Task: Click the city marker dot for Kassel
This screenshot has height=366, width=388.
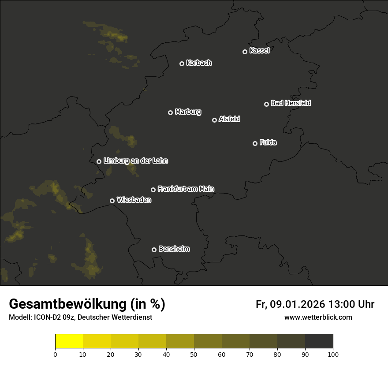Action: pyautogui.click(x=245, y=52)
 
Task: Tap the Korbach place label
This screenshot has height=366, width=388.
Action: pyautogui.click(x=199, y=63)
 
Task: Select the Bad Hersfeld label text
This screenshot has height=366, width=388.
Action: pyautogui.click(x=291, y=103)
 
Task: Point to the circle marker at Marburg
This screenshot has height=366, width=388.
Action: pyautogui.click(x=170, y=112)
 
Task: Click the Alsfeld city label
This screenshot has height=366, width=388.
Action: pyautogui.click(x=229, y=119)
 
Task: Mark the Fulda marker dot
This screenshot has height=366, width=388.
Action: pyautogui.click(x=255, y=143)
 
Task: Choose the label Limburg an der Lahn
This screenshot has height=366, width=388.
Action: pyautogui.click(x=135, y=161)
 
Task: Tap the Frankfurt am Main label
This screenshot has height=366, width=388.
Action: pyautogui.click(x=186, y=189)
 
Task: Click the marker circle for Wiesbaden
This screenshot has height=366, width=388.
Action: pyautogui.click(x=112, y=201)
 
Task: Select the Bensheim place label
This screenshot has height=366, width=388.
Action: pyautogui.click(x=174, y=249)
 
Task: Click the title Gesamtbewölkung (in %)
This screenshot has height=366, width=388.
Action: pyautogui.click(x=87, y=304)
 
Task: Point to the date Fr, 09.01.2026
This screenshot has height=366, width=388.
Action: pyautogui.click(x=290, y=304)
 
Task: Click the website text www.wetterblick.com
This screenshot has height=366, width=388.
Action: pyautogui.click(x=318, y=317)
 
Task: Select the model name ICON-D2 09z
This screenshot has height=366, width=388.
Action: pyautogui.click(x=55, y=317)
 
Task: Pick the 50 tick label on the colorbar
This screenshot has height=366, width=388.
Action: pyautogui.click(x=194, y=354)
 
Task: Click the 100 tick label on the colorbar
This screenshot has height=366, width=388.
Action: pyautogui.click(x=333, y=354)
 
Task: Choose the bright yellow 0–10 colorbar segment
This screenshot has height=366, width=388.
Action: pyautogui.click(x=69, y=341)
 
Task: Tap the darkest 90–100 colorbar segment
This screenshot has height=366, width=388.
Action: pyautogui.click(x=319, y=341)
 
